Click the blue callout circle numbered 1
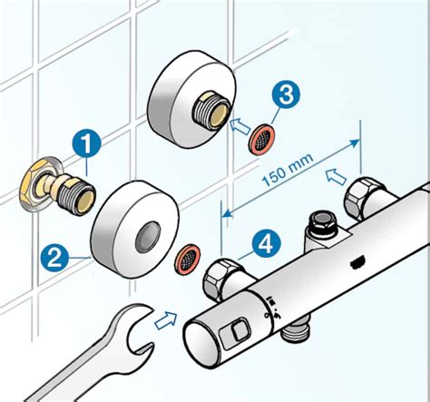coord(87,142)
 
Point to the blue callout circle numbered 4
coord(264,243)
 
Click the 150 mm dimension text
coord(291,172)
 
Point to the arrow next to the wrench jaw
coord(166,319)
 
